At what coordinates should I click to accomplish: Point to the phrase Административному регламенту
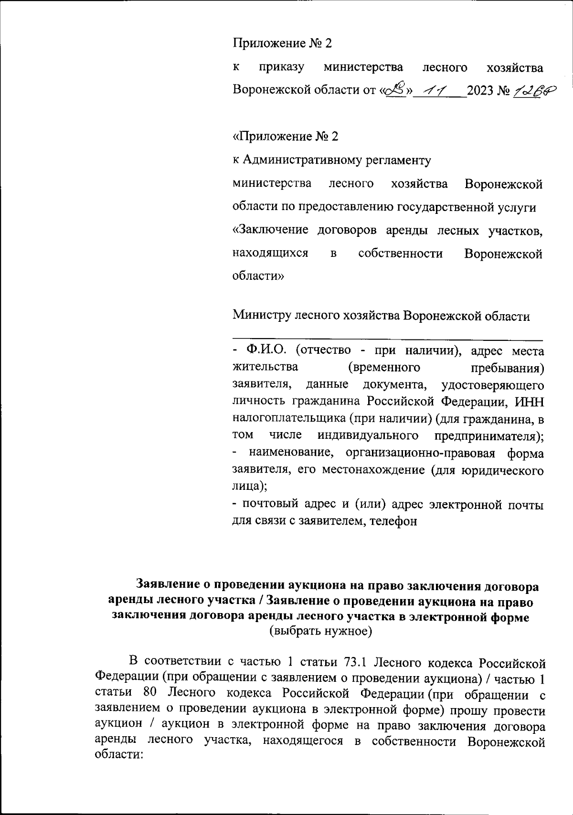point(337,160)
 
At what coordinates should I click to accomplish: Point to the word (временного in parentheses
point(384,368)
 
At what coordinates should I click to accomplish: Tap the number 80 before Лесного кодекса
point(150,693)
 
